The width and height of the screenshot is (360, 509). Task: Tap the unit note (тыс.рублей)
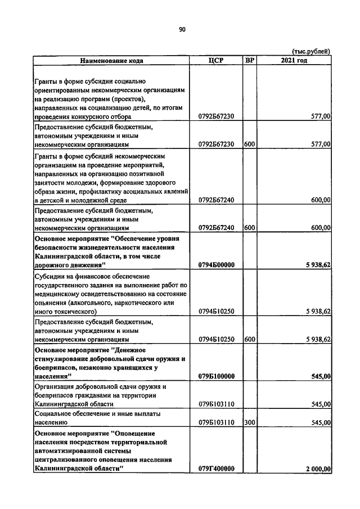tap(311, 51)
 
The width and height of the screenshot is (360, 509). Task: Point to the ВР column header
tap(249, 60)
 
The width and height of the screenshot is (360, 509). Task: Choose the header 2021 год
tap(294, 60)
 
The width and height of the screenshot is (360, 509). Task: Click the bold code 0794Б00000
tap(217, 265)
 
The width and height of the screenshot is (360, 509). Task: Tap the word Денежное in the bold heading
tap(137, 349)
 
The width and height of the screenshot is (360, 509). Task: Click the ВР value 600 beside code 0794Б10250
tap(250, 339)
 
